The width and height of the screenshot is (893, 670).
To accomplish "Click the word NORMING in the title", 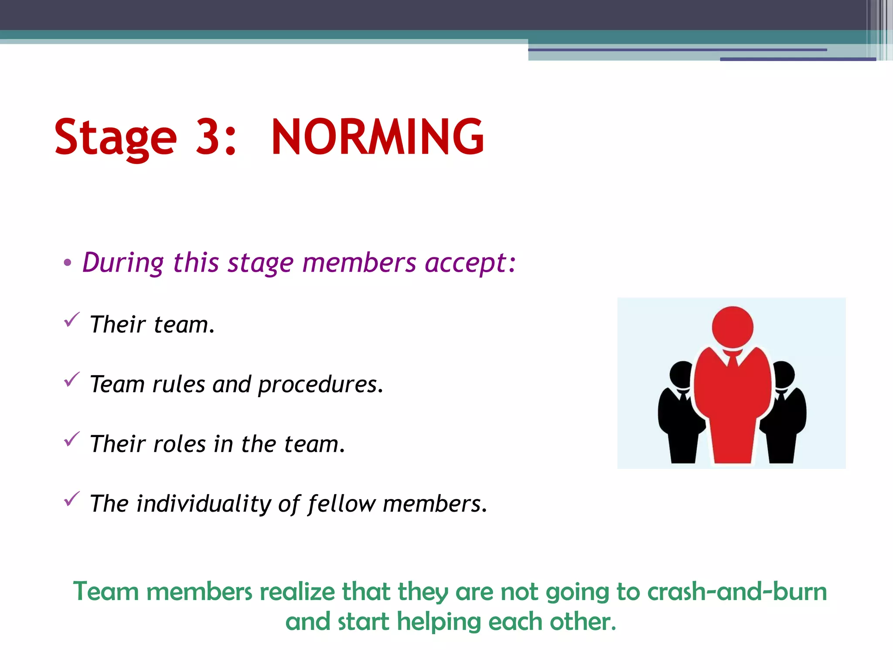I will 377,137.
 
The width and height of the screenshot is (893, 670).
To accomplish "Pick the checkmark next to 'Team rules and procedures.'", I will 72,379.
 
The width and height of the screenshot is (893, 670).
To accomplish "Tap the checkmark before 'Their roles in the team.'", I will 72,439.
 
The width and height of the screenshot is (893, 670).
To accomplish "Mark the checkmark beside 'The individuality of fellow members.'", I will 72,499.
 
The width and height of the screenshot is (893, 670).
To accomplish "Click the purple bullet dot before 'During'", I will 67,263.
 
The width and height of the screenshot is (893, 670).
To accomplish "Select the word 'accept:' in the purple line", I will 470,263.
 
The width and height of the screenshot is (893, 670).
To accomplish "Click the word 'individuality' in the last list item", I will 204,504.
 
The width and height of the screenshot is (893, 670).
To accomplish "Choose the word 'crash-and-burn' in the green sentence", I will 737,592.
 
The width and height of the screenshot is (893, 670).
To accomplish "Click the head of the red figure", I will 733,327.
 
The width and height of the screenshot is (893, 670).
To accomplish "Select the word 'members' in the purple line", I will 359,263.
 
